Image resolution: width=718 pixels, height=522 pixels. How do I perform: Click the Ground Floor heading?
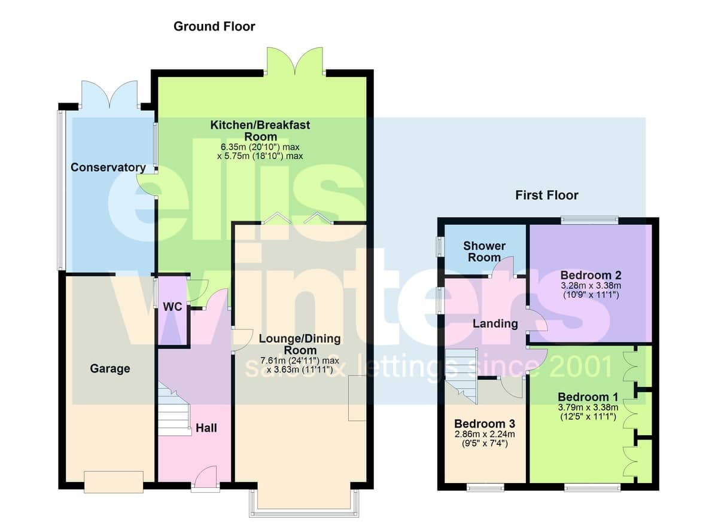214,26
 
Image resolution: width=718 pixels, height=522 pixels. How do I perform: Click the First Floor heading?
547,196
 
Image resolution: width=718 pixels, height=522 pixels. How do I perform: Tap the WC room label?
172,307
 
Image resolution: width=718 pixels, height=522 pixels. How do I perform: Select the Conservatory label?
108,167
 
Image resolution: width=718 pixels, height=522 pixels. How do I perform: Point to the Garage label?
110,368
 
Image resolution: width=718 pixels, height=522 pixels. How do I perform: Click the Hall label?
206,428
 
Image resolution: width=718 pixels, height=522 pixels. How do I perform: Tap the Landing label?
495,323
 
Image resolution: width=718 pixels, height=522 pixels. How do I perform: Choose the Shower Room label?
484,252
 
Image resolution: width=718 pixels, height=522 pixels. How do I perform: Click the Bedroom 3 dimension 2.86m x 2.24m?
485,434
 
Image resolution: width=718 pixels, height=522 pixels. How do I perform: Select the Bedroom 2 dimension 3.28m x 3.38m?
591,285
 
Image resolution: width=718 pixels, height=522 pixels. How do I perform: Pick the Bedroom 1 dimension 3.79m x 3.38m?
588,407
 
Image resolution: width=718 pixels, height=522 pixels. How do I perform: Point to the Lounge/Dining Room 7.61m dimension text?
299,361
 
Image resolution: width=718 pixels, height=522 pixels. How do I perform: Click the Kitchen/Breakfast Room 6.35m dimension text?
260,147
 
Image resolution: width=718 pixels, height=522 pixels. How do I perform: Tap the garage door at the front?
114,482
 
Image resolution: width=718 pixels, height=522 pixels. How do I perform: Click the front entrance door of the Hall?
205,478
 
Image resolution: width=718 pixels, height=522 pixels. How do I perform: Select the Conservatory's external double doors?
109,95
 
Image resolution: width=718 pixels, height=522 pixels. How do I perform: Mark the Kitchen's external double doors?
295,62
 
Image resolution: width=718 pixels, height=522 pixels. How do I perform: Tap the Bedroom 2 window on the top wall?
589,220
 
